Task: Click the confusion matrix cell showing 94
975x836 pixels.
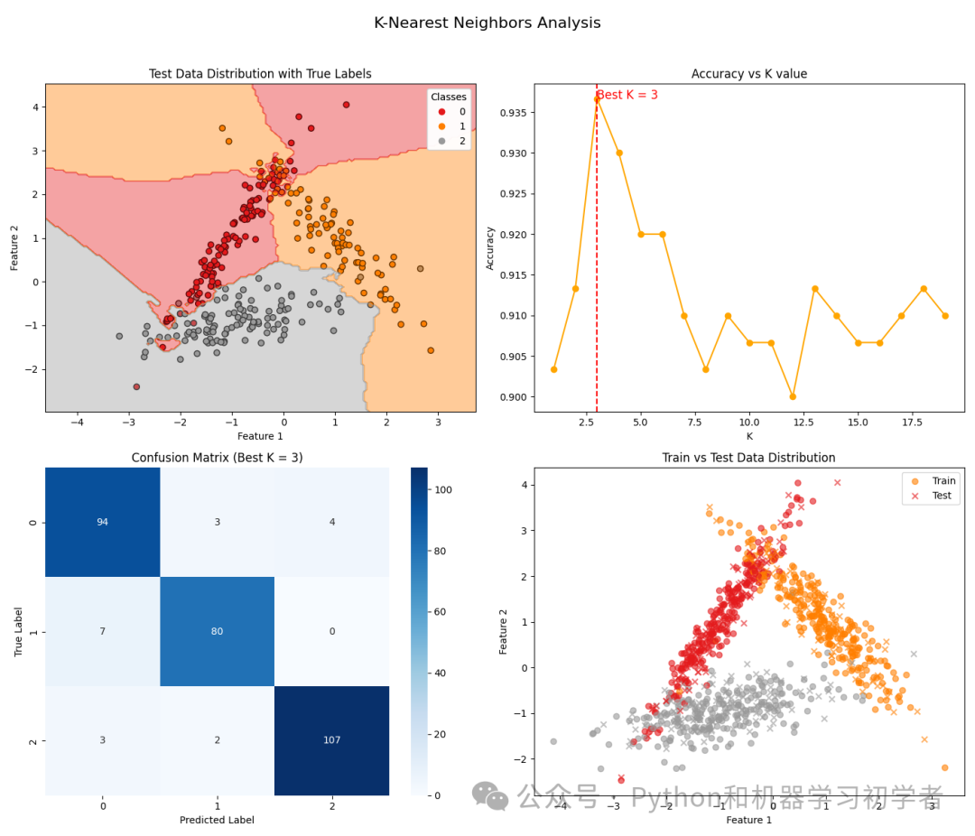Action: [103, 522]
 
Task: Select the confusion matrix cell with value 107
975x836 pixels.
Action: [332, 740]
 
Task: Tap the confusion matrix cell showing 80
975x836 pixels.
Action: [218, 631]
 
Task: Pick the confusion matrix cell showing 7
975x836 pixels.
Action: [103, 631]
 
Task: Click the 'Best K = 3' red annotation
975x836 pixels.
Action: [627, 95]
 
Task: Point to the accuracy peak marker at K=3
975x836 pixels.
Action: [597, 98]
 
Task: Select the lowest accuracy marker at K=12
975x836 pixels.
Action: [793, 396]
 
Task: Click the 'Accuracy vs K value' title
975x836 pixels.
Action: [748, 74]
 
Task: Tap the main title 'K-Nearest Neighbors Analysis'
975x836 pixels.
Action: [487, 23]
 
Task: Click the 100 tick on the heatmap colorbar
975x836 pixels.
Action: [446, 489]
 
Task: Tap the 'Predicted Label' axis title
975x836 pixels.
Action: [218, 820]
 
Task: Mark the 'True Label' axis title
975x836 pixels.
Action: [19, 631]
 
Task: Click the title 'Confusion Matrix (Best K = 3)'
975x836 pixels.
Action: [218, 458]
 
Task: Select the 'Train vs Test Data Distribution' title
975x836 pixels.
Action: [748, 458]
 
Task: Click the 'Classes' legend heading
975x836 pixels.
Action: [448, 97]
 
